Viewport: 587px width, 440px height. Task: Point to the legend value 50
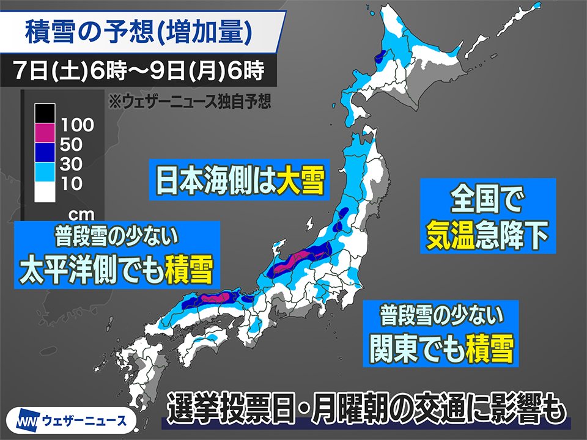pyautogui.click(x=72, y=145)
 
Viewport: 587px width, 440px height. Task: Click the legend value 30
pyautogui.click(x=72, y=164)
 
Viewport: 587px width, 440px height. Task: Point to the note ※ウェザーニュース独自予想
pyautogui.click(x=190, y=100)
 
